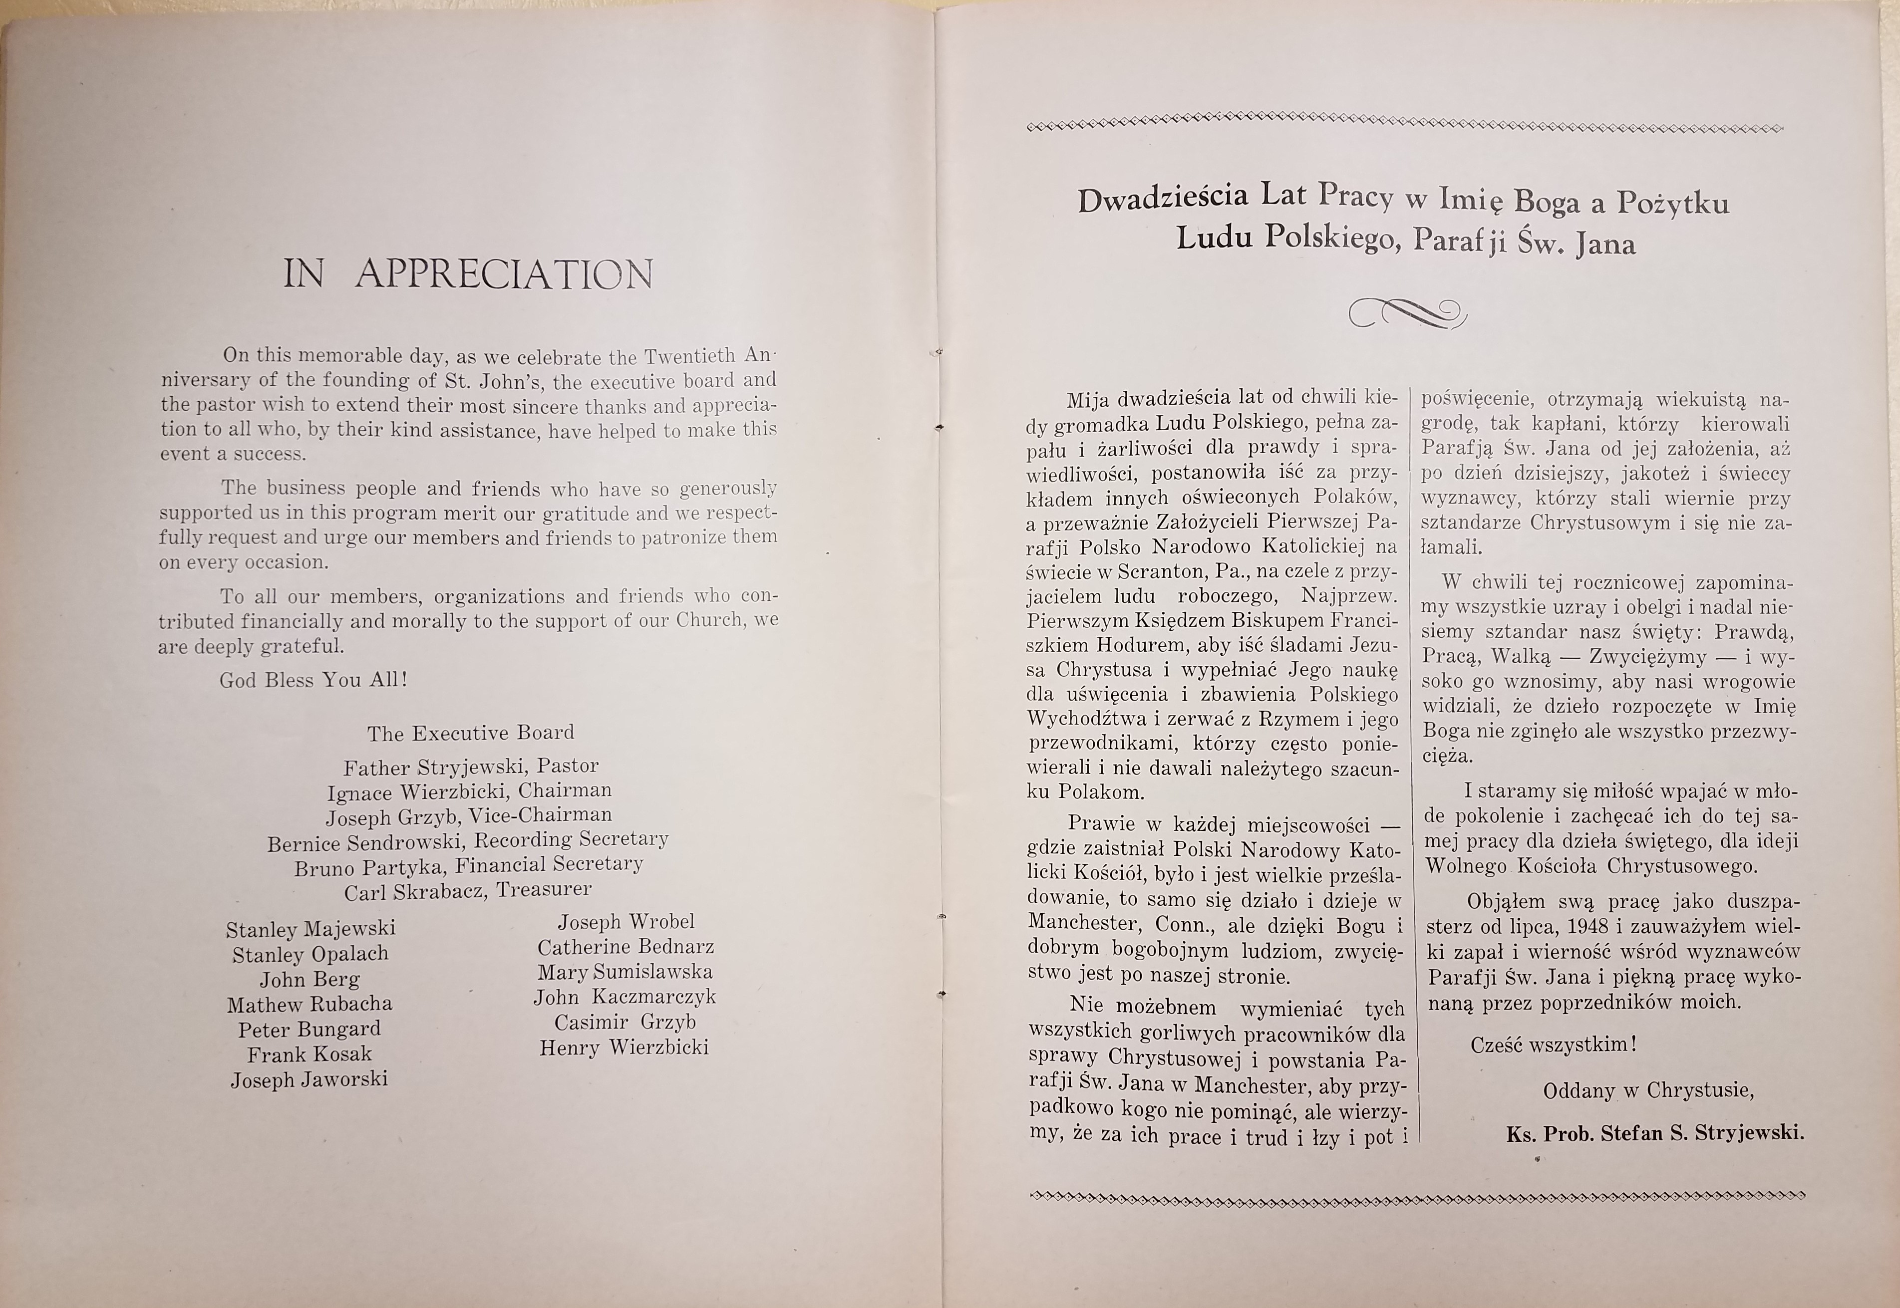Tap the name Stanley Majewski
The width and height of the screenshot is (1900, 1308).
pos(311,929)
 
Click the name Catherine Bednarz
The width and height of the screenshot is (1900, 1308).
pos(626,947)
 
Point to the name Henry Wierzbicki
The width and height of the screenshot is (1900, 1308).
pos(624,1047)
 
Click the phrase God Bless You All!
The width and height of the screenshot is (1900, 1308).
pos(313,680)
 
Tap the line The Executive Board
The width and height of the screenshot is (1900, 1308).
pos(470,733)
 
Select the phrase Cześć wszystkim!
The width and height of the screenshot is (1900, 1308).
pos(1553,1045)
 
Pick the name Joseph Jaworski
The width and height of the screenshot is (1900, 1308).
pos(309,1079)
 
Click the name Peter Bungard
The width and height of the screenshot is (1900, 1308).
pos(309,1030)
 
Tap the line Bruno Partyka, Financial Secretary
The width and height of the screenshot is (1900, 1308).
pos(468,865)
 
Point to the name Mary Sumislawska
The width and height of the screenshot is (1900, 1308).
pos(625,973)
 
